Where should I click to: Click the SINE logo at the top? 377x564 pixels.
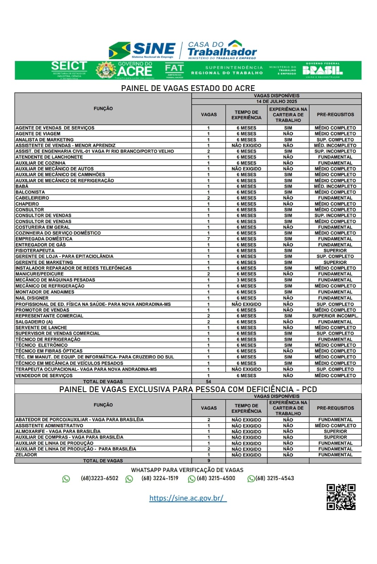142,50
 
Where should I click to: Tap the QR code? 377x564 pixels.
341,497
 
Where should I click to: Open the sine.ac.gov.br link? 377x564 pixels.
188,498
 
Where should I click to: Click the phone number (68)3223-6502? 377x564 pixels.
99,478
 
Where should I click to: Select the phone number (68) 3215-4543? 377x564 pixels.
274,478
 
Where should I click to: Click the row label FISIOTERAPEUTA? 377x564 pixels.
35,251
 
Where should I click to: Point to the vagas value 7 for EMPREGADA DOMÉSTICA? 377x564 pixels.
209,239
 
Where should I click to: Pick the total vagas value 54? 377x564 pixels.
209,381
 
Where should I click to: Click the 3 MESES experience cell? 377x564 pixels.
246,280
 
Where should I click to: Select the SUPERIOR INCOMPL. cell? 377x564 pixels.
335,316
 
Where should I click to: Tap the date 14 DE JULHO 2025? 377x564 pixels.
277,102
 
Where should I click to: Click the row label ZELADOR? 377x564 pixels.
26,455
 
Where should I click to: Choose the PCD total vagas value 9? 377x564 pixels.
209,461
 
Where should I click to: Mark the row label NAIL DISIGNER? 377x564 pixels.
32,298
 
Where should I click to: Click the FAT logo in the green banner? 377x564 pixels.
174,70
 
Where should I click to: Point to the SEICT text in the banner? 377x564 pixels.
69,66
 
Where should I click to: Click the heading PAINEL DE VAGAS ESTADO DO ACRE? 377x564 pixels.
188,88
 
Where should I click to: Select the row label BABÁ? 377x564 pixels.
22,186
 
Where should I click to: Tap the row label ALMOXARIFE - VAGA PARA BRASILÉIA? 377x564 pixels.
58,431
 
